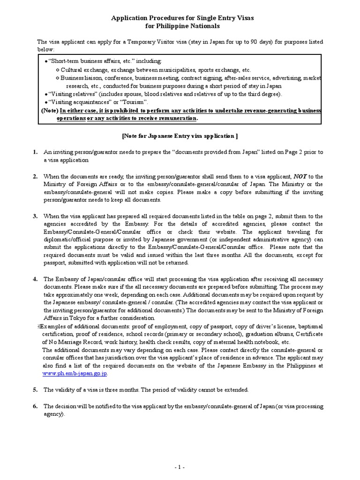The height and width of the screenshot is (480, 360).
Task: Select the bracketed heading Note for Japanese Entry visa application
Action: click(180, 136)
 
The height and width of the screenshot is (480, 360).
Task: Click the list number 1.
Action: click(35, 152)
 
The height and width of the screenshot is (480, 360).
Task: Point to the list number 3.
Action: click(35, 216)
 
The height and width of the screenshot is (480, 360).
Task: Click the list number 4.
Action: click(35, 279)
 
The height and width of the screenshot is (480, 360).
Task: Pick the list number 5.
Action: click(35, 390)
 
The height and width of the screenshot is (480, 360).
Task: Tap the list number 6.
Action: click(35, 406)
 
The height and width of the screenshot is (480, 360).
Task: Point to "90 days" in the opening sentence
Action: click(255, 42)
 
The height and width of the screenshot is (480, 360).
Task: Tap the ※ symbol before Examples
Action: click(39, 326)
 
